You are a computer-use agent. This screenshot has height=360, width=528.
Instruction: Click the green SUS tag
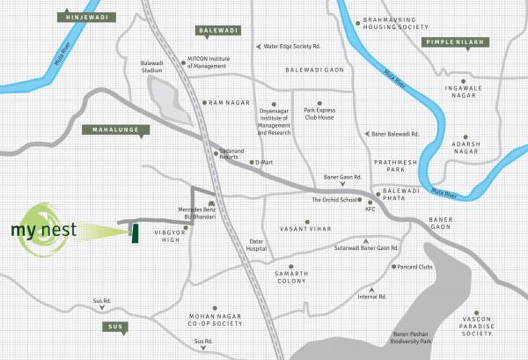(x=114, y=327)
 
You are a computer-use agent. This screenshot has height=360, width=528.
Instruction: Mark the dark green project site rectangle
(x=135, y=232)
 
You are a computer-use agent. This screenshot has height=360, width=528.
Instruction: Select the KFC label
(x=370, y=209)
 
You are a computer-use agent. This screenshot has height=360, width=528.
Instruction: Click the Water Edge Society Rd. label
(x=291, y=46)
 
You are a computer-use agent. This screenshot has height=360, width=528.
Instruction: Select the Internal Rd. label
(x=371, y=297)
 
